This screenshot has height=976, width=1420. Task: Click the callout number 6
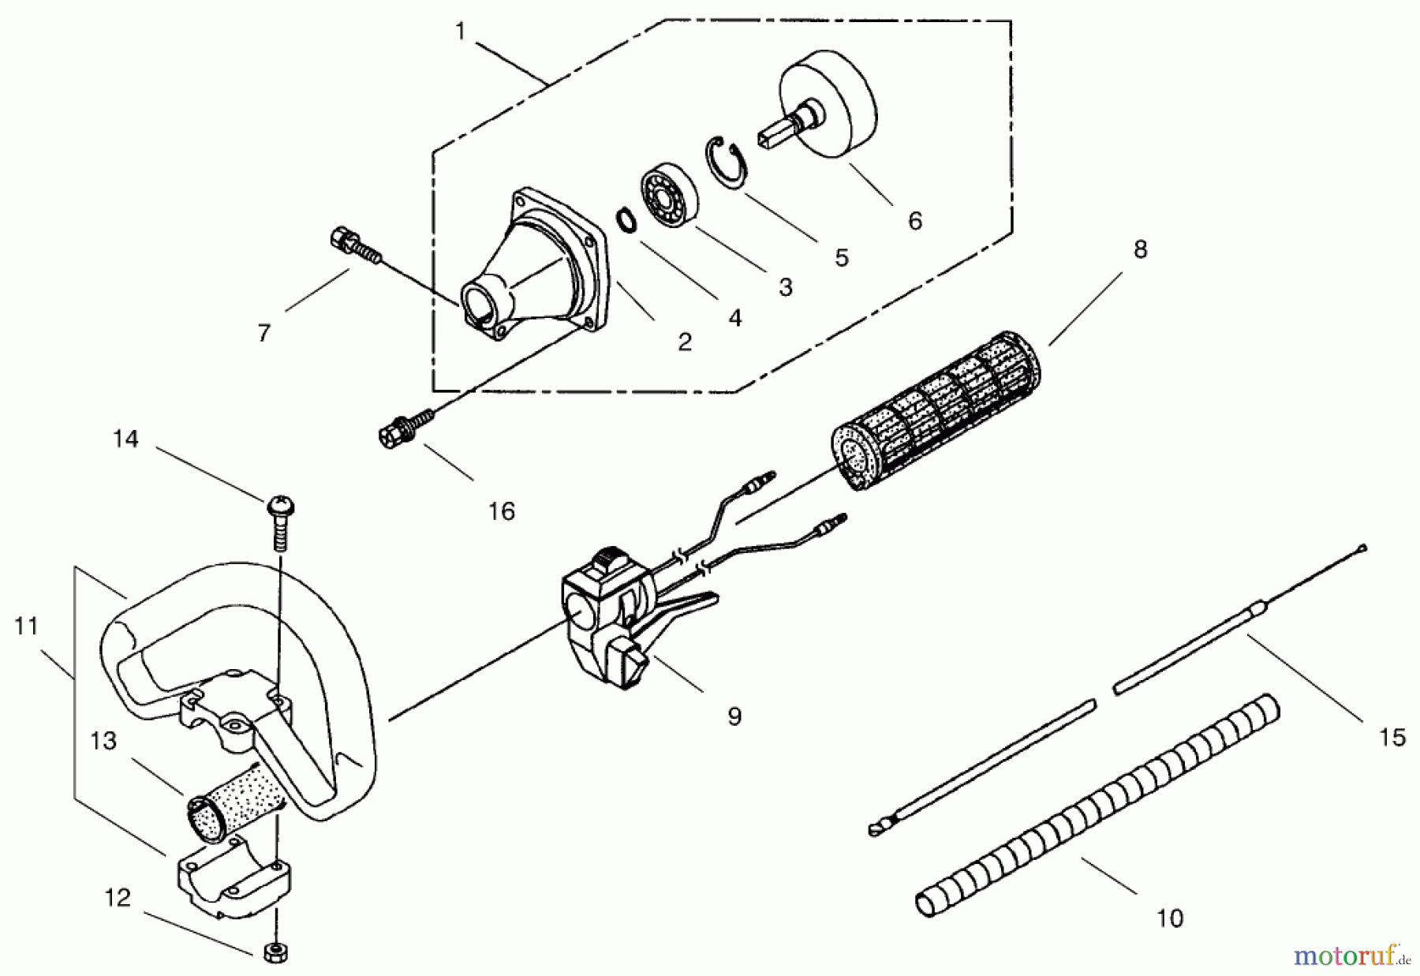pos(914,221)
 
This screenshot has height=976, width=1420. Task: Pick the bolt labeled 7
pos(352,243)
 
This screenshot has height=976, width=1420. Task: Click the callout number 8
pos(1139,249)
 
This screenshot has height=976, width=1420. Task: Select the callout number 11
pos(26,626)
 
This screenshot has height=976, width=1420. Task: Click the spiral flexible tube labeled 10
pos(1097,805)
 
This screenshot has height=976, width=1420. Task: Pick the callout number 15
pos(1392,737)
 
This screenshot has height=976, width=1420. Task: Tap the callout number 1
pos(461,32)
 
